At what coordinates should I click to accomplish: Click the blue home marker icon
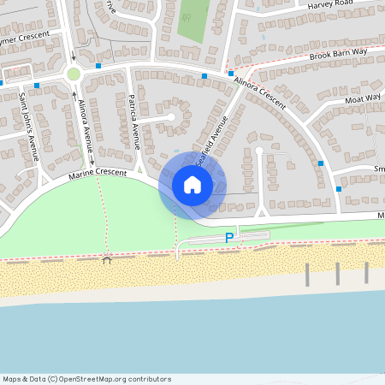(x=192, y=185)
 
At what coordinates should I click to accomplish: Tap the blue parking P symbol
(x=228, y=238)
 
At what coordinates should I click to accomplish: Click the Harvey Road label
(x=330, y=4)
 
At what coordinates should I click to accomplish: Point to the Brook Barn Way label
(x=338, y=53)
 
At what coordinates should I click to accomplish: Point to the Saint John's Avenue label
(x=28, y=128)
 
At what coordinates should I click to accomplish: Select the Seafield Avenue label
(x=211, y=137)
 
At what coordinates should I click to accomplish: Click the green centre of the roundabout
(x=74, y=74)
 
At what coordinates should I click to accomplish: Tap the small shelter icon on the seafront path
(x=107, y=259)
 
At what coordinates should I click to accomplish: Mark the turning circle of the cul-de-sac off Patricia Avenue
(x=171, y=116)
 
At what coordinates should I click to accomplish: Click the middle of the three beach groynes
(x=337, y=274)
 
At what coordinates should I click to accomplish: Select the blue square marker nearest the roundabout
(x=99, y=65)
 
